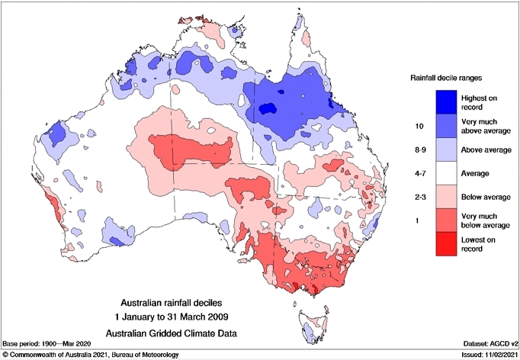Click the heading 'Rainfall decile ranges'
(446, 77)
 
